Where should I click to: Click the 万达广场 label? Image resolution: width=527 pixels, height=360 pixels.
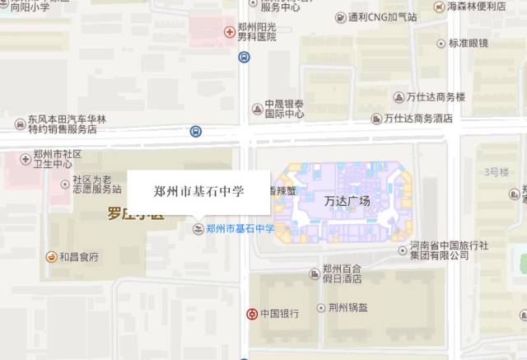(x=347, y=201)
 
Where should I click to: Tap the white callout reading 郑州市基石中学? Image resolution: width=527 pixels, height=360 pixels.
(x=198, y=190)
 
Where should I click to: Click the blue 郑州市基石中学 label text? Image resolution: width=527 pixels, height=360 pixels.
(x=240, y=228)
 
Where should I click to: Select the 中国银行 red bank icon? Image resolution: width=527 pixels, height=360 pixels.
(x=251, y=314)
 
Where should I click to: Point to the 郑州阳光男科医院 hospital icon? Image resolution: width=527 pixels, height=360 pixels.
(x=229, y=32)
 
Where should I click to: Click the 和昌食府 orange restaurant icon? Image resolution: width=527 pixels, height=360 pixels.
(x=51, y=257)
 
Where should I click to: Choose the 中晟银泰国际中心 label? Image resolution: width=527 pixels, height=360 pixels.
(x=284, y=109)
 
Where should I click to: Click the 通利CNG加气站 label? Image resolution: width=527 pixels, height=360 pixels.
(x=382, y=16)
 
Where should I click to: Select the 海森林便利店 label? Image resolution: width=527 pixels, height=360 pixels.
(x=476, y=7)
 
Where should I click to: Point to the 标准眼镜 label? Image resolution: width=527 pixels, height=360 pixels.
(x=469, y=43)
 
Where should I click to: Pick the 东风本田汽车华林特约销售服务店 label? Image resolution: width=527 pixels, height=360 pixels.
(x=67, y=124)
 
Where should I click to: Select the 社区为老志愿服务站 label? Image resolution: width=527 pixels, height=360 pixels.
(x=96, y=184)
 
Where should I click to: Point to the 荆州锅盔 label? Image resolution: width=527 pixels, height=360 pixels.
(x=347, y=309)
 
